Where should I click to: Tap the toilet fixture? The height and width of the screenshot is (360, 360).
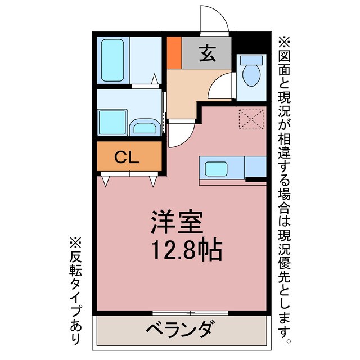pyautogui.click(x=250, y=71)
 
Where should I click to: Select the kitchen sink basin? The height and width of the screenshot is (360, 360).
pyautogui.click(x=216, y=169)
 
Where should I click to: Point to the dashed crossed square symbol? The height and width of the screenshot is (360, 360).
pyautogui.click(x=251, y=119)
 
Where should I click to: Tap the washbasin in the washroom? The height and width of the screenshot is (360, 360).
pyautogui.click(x=145, y=127)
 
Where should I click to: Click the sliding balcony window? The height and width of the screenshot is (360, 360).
pyautogui.click(x=190, y=312)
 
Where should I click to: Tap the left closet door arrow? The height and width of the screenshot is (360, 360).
pyautogui.click(x=105, y=181)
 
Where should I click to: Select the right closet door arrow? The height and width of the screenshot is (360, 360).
pyautogui.click(x=153, y=181)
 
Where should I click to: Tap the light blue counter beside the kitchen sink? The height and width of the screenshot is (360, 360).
pyautogui.click(x=255, y=167)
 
